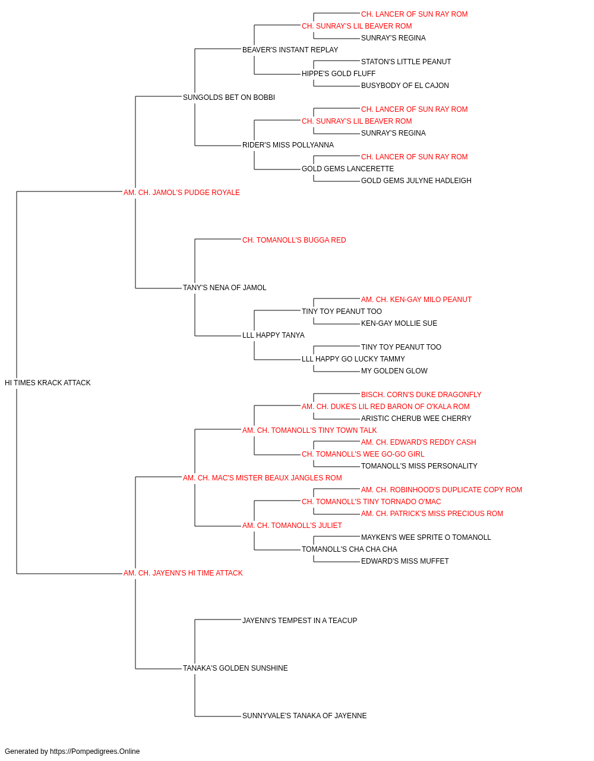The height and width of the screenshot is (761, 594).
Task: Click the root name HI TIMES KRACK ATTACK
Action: pos(48,383)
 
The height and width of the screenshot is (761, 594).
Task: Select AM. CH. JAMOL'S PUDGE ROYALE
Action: pos(182,193)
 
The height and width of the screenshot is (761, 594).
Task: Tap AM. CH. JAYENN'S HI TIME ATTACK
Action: pos(183,573)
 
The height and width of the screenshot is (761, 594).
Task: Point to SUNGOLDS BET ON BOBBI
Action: pos(229,98)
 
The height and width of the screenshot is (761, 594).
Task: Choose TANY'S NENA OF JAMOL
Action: pos(225,288)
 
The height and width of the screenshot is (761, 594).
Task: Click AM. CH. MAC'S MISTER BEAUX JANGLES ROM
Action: pos(263,478)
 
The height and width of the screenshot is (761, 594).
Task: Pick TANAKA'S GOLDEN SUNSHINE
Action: pos(235,668)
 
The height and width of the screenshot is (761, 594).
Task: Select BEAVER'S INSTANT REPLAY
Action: pos(290,50)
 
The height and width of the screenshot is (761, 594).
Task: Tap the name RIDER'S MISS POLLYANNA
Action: pos(288,145)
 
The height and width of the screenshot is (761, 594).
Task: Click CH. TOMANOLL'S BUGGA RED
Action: pos(294,240)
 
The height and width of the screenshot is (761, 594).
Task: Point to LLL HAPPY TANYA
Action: pos(273,335)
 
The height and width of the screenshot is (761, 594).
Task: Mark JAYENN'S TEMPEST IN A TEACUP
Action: pos(300,621)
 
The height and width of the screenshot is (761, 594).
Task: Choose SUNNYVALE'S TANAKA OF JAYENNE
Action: pos(304,716)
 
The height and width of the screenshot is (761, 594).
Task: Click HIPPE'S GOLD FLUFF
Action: pos(339,74)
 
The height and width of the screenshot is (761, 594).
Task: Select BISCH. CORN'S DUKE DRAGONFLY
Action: pos(421,395)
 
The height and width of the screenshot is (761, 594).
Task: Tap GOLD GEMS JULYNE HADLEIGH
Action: pos(416,181)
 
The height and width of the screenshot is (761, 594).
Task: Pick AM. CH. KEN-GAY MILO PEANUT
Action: pos(416,300)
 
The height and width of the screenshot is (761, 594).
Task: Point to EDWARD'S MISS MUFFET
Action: pos(405,561)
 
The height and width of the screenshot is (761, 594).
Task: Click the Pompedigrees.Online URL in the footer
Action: pos(95,751)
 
